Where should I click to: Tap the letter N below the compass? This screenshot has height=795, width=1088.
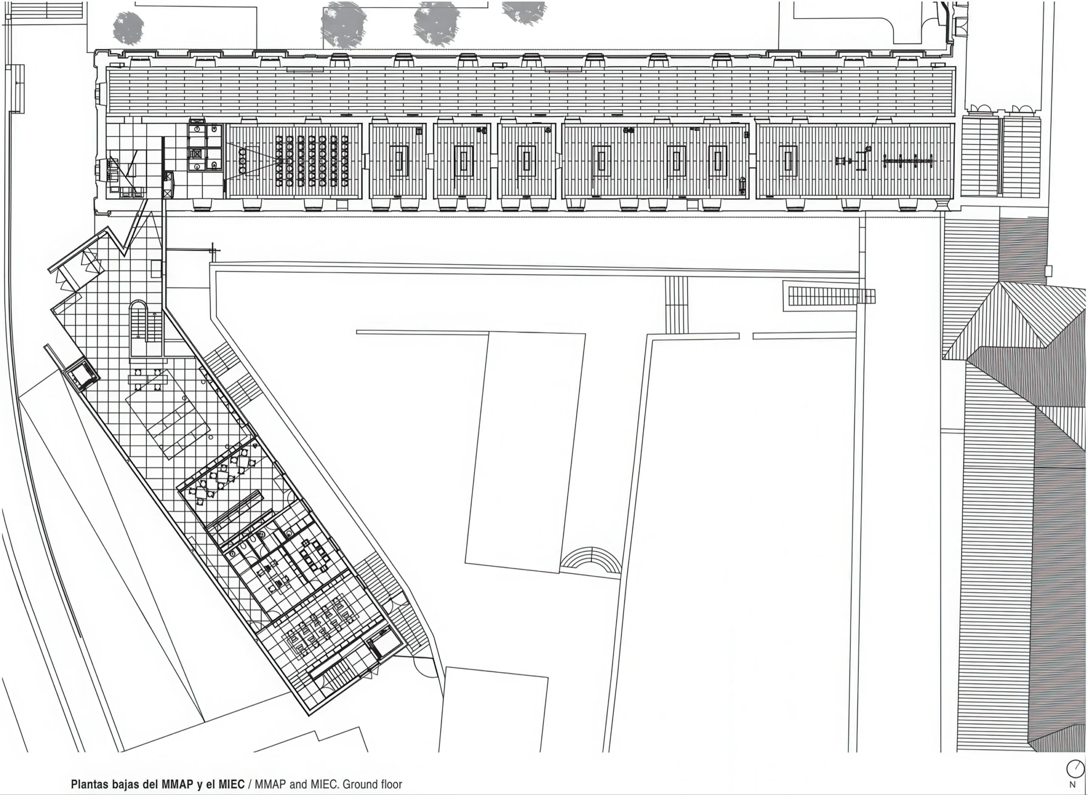(1072, 785)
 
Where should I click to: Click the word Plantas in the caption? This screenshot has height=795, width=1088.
(90, 784)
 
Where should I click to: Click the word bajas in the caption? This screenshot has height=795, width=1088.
(125, 784)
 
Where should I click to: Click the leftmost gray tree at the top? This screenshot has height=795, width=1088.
(128, 28)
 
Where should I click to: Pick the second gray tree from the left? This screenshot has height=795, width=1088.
(343, 24)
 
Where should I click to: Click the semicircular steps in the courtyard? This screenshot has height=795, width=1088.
(590, 559)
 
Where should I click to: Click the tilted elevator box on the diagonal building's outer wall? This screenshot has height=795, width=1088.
(82, 375)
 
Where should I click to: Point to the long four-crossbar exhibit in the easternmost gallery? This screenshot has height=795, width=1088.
(908, 161)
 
